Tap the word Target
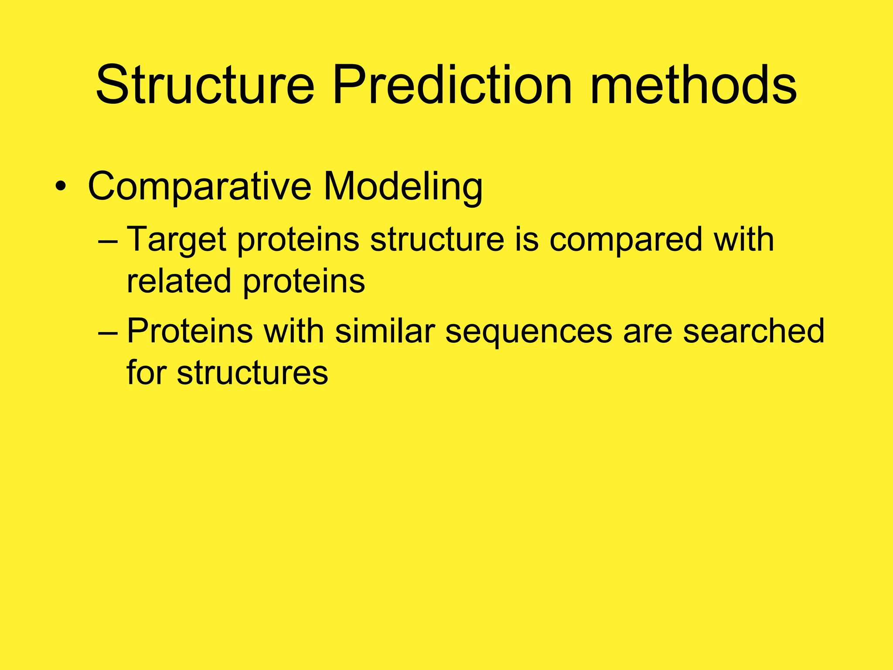pyautogui.click(x=177, y=240)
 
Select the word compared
pyautogui.click(x=626, y=240)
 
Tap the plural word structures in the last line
pyautogui.click(x=252, y=373)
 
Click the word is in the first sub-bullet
pyautogui.click(x=526, y=239)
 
